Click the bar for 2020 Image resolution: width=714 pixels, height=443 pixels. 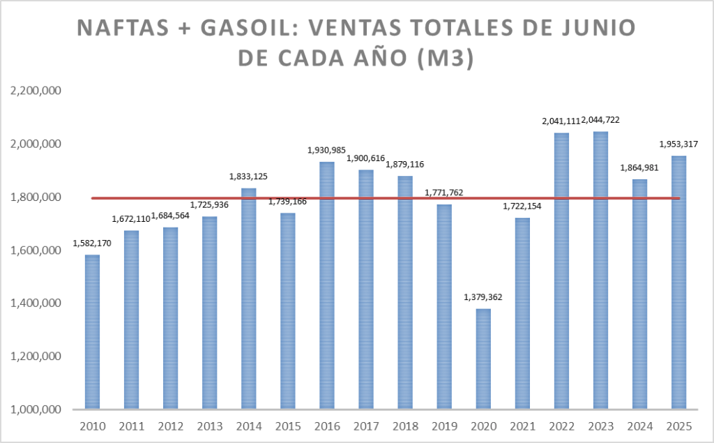483,359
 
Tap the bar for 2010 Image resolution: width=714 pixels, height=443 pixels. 92,331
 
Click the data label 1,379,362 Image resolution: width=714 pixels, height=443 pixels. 483,297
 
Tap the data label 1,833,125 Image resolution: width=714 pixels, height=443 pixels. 249,177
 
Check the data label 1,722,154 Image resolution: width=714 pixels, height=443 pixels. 522,207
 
